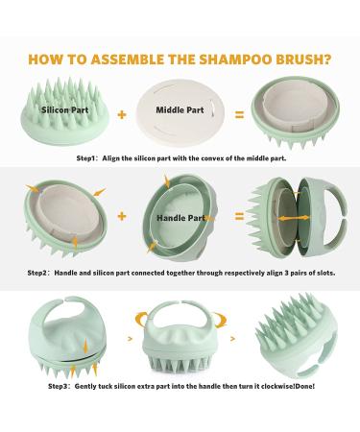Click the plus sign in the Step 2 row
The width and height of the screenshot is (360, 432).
tap(121, 216)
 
